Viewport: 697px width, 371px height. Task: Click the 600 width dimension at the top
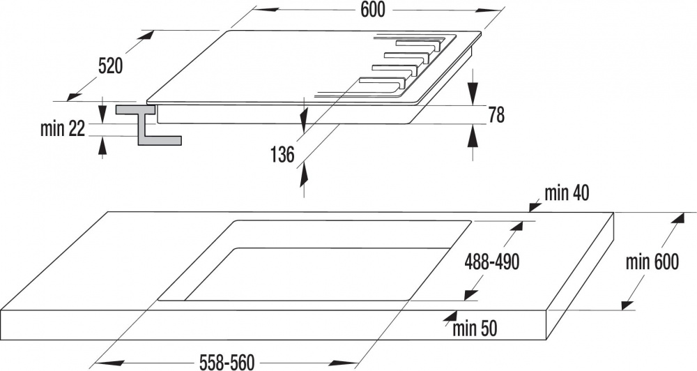click(372, 10)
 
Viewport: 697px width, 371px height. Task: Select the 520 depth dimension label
click(110, 66)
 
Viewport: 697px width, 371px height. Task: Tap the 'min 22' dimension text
click(62, 129)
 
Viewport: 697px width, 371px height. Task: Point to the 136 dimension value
click(282, 154)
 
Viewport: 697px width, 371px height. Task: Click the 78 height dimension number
click(496, 115)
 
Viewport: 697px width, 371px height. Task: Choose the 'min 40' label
click(567, 193)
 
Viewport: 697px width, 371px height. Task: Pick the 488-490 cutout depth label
click(491, 262)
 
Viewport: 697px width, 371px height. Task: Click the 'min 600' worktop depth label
click(652, 262)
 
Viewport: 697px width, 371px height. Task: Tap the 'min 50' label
click(475, 328)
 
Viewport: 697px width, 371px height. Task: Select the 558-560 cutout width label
click(227, 363)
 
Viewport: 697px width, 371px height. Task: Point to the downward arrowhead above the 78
click(473, 94)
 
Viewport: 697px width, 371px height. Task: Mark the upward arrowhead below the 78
click(473, 135)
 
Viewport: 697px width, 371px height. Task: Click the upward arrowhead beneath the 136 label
click(304, 175)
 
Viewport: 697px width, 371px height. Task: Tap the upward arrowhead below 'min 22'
click(102, 144)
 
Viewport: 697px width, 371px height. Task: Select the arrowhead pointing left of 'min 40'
click(535, 206)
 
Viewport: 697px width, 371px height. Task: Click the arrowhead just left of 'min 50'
click(450, 317)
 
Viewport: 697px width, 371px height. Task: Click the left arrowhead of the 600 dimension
click(266, 9)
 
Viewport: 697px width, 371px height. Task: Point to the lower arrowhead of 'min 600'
click(628, 305)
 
